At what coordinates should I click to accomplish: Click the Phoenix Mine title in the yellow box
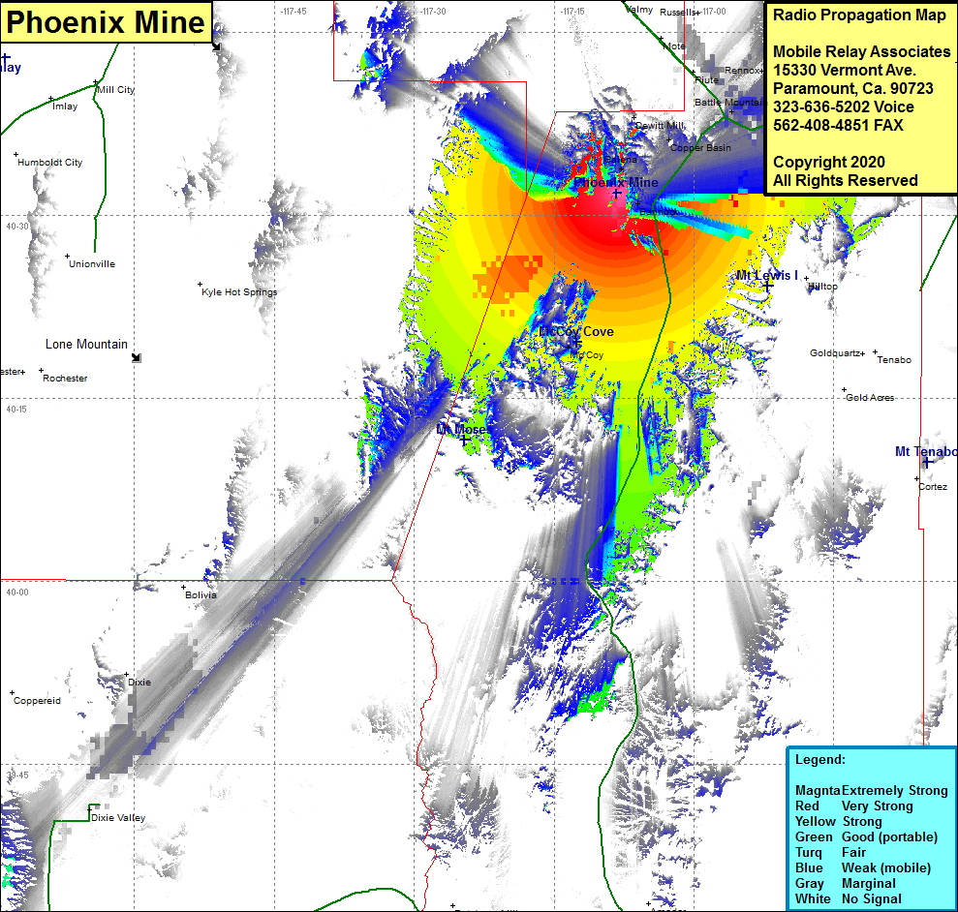pyautogui.click(x=107, y=22)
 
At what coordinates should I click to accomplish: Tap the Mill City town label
pyautogui.click(x=116, y=90)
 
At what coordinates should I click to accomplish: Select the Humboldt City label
pyautogui.click(x=49, y=163)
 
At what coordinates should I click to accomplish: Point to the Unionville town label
pyautogui.click(x=92, y=264)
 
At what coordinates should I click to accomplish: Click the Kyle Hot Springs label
pyautogui.click(x=239, y=292)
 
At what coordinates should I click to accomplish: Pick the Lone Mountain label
pyautogui.click(x=86, y=345)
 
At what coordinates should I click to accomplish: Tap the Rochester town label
pyautogui.click(x=65, y=379)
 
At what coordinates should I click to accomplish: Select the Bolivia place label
pyautogui.click(x=201, y=595)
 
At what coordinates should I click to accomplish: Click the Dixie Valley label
pyautogui.click(x=118, y=818)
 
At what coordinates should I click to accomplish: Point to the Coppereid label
pyautogui.click(x=38, y=701)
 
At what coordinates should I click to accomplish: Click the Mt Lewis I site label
pyautogui.click(x=767, y=276)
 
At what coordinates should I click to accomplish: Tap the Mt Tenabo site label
pyautogui.click(x=925, y=452)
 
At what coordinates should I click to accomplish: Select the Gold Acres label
pyautogui.click(x=870, y=398)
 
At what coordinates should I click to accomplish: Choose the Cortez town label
pyautogui.click(x=933, y=487)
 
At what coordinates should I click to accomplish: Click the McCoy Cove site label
pyautogui.click(x=577, y=332)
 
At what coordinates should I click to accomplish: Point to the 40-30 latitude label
pyautogui.click(x=16, y=227)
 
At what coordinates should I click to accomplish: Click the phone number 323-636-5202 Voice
pyautogui.click(x=843, y=107)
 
